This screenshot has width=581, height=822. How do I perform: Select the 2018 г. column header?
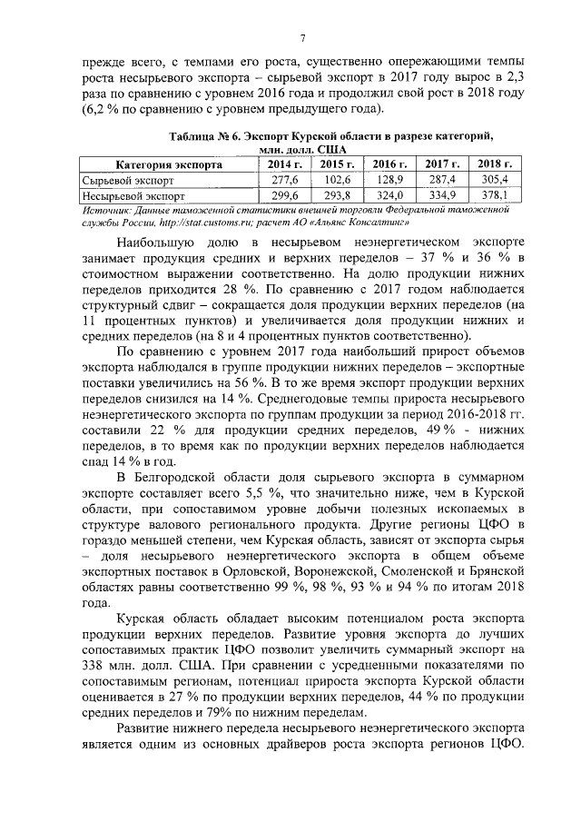click(495, 164)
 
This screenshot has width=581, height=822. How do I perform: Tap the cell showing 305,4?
click(495, 180)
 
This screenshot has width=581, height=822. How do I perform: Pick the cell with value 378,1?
click(495, 194)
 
